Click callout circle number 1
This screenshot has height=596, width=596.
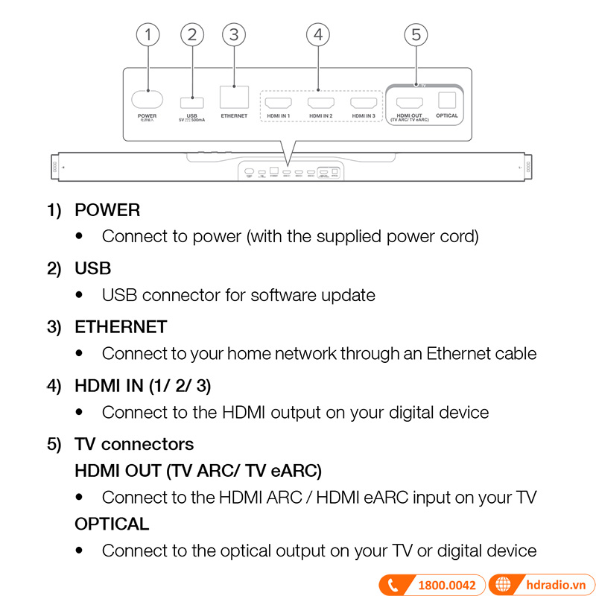click(x=148, y=34)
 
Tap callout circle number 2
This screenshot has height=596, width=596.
click(x=191, y=34)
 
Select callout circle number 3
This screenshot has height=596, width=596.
click(x=234, y=34)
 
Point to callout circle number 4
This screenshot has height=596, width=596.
click(x=318, y=34)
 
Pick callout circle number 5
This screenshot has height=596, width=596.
click(x=416, y=34)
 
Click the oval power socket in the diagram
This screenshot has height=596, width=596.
click(x=147, y=99)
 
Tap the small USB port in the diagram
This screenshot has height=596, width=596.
click(x=191, y=101)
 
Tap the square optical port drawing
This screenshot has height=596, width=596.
click(x=447, y=100)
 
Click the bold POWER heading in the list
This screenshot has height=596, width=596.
click(x=107, y=210)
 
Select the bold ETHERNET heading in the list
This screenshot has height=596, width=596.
click(x=121, y=327)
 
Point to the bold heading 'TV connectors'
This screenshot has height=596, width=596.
click(x=134, y=444)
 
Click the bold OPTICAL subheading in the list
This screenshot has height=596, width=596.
click(x=112, y=524)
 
